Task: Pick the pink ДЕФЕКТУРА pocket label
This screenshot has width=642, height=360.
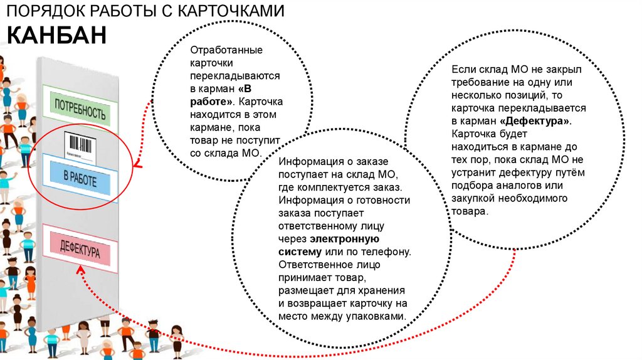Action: [80, 250]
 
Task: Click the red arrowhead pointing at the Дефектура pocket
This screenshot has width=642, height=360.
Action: [82, 268]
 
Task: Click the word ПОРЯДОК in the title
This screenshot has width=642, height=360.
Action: [38, 11]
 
